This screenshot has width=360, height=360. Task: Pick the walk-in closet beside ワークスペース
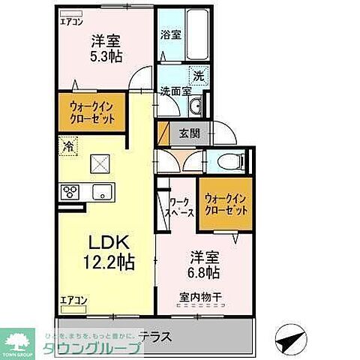pos(225,204)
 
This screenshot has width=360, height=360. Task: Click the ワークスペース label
pos(180,207)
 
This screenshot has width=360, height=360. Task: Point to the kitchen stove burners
pos(71,191)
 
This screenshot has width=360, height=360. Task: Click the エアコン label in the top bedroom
pos(72,22)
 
